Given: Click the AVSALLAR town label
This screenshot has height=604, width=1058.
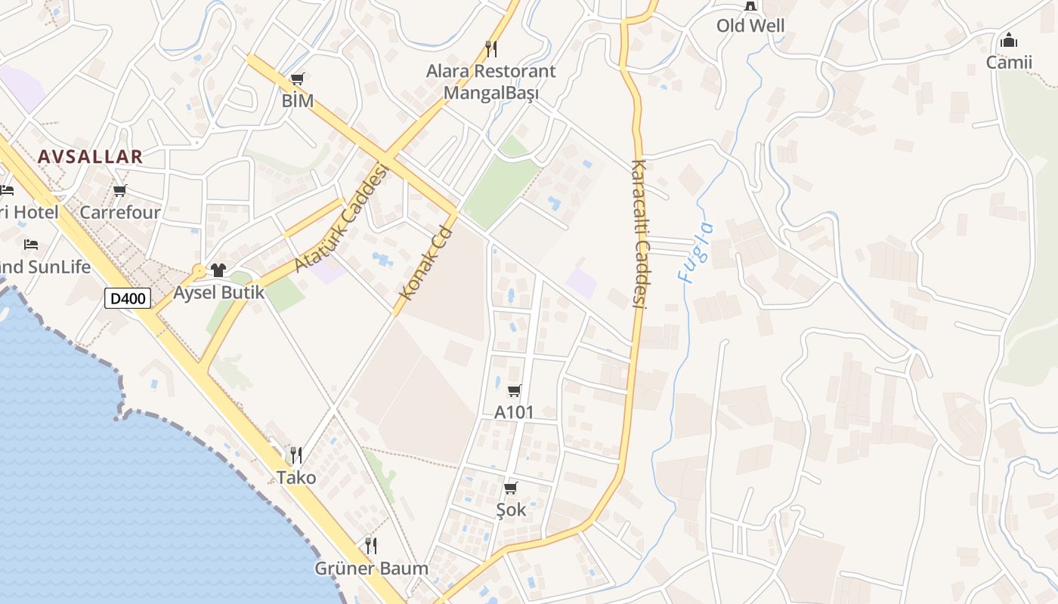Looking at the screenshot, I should pos(90,157).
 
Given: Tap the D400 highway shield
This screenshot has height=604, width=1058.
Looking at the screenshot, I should pos(128,298).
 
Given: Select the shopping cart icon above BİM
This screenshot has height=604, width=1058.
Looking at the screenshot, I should pos(298,79).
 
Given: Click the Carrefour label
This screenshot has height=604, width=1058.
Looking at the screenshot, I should pos(120,212).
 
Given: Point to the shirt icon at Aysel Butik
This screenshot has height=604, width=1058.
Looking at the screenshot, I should pos(218,270).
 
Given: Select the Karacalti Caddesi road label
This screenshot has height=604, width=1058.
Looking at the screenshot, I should pos(640,233).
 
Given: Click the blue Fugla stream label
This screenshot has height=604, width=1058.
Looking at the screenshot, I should pos(696,252).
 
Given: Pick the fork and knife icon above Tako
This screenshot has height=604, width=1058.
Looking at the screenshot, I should pos(296,455).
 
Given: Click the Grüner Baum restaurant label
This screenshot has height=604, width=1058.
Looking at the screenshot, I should pos(372,568).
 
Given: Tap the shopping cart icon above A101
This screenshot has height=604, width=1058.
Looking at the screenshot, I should pos(514,390).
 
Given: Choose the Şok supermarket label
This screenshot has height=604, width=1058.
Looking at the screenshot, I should pos(511,510).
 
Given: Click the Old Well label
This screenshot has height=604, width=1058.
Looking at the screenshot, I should pos(750,26).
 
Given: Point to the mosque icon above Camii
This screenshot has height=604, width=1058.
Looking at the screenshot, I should pos(1009,40).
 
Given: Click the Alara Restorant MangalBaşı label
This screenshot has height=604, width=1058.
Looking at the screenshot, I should pos(491,82).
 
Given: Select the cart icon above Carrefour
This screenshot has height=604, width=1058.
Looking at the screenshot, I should pos(120,191).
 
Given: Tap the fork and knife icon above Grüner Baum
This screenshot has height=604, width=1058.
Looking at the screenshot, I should pos(371,545).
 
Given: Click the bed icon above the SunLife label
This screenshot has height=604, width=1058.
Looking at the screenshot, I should pos(31,245).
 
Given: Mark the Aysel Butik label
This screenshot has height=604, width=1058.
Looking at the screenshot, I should pos(219,292).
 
